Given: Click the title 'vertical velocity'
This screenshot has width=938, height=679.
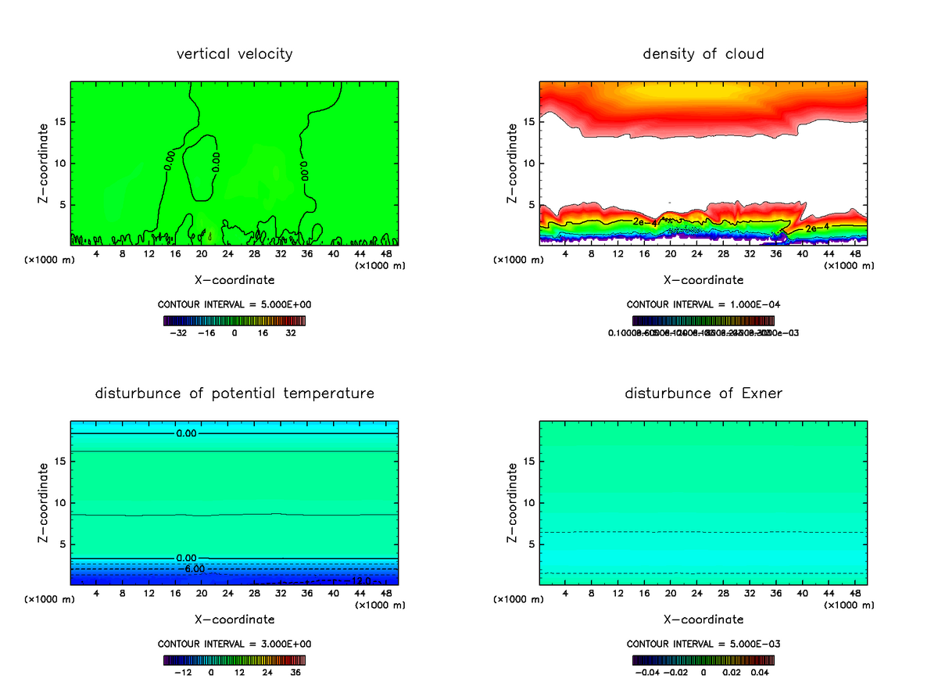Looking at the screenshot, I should click(234, 54).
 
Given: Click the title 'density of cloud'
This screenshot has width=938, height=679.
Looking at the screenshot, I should click(703, 54).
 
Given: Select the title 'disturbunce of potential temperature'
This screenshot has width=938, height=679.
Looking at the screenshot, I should click(234, 393).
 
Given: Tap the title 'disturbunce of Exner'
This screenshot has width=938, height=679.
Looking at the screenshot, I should click(703, 393).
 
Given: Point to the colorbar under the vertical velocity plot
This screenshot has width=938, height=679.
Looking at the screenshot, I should click(234, 321).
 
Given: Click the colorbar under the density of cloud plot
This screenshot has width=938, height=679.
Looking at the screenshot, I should click(703, 321).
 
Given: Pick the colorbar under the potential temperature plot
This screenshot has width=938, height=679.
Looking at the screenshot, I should click(234, 660).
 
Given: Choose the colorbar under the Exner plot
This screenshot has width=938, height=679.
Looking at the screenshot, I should click(703, 660).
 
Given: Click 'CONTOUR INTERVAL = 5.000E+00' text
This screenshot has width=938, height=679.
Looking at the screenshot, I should click(234, 304).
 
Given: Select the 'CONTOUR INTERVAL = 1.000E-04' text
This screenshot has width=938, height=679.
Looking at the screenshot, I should click(703, 304).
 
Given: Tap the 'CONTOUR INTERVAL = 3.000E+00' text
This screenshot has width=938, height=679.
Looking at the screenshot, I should click(234, 644).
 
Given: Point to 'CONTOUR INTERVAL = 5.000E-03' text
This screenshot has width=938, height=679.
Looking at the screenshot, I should click(703, 644).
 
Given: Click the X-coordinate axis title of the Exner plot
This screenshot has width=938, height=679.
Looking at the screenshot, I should click(703, 619).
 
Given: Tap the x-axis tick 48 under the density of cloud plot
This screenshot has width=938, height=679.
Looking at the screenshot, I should click(854, 254).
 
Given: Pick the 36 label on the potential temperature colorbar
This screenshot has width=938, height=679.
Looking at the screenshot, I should click(295, 672).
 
